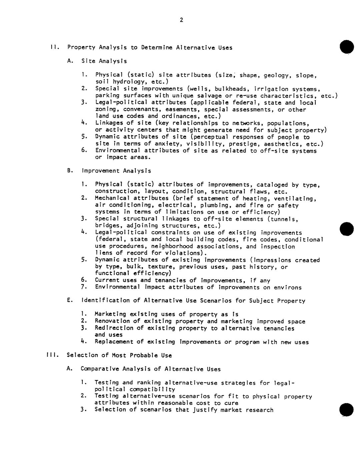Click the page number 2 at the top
(181, 20)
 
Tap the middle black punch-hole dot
(347, 229)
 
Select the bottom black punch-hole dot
(347, 410)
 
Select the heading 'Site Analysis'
(104, 61)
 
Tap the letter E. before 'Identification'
(69, 300)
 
